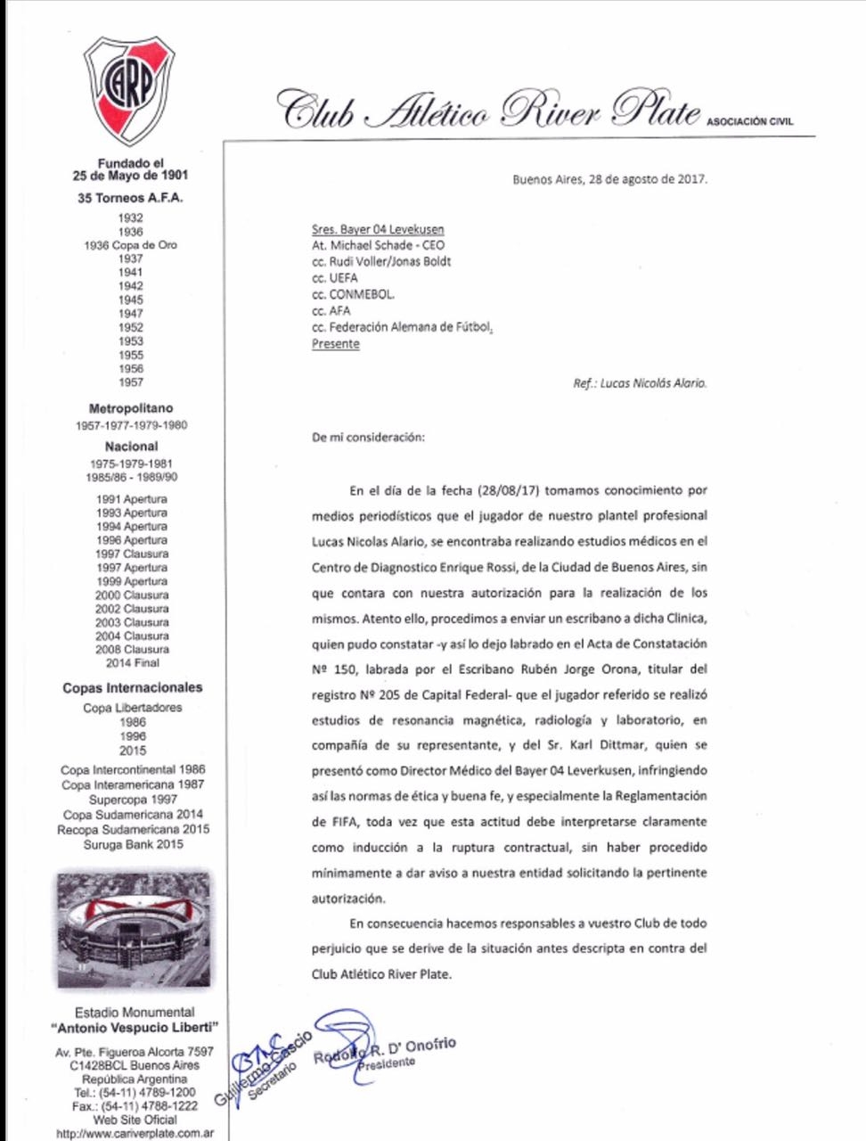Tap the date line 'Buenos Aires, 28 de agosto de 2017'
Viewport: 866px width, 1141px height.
coord(609,178)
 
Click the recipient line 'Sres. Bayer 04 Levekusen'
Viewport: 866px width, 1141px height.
coord(378,229)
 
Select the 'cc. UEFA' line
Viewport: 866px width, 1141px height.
coord(335,278)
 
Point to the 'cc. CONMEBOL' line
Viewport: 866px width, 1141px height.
coord(353,294)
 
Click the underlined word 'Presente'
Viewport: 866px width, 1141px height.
coord(336,344)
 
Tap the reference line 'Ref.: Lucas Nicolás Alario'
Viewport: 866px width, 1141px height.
coord(640,384)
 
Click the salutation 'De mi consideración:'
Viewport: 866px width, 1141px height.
coord(368,438)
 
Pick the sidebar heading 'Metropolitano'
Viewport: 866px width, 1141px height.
coord(131,408)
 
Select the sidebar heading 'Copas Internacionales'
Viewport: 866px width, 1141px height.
coord(132,687)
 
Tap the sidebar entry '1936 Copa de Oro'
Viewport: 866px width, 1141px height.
coord(131,245)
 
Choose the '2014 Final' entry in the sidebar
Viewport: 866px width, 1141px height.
coord(131,662)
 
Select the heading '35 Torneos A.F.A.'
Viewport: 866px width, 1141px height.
coord(131,198)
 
